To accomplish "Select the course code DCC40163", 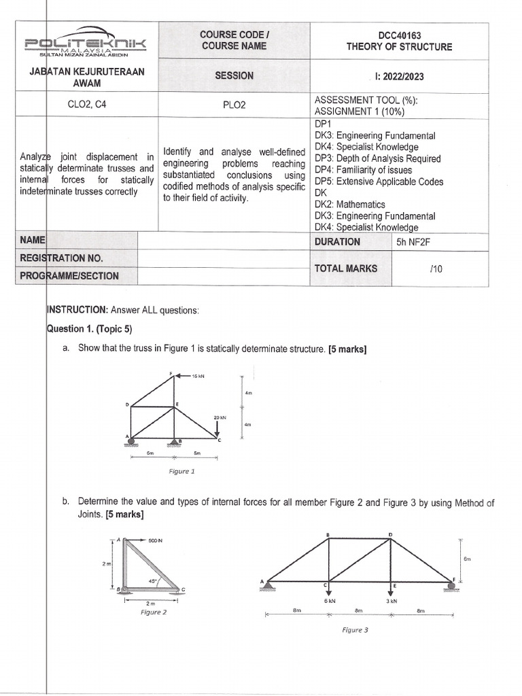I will [399, 34].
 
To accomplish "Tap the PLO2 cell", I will [234, 105].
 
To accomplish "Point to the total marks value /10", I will [436, 268].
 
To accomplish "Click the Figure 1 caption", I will [181, 470].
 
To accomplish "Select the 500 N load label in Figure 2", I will [156, 541].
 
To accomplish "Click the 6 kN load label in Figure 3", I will [327, 600].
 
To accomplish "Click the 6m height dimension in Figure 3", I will [466, 559].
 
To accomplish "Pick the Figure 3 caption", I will [355, 630].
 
